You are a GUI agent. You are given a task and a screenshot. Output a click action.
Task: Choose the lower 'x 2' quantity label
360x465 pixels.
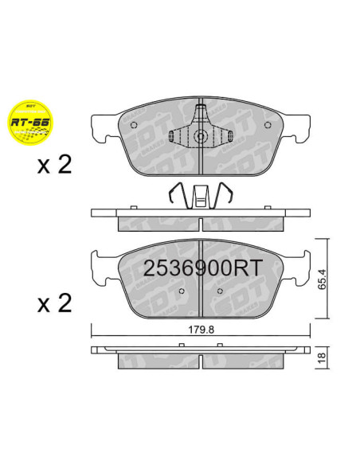coord(53,303)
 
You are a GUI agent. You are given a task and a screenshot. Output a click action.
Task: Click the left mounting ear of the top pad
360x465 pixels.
coord(103,127)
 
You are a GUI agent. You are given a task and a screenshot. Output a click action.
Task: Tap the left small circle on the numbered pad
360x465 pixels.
coord(182,291)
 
